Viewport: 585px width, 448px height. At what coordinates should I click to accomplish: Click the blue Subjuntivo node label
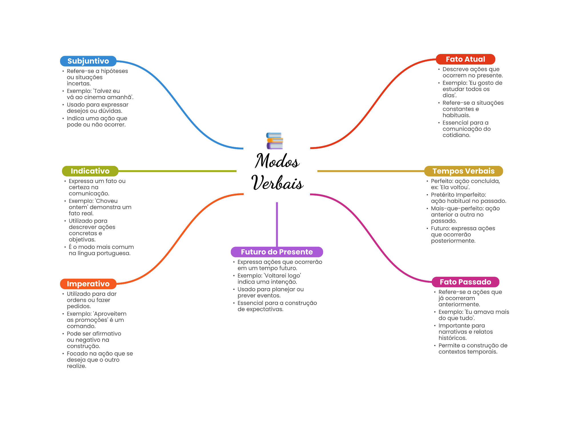tap(88, 61)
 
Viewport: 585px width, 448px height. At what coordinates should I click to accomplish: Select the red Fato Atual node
tap(465, 59)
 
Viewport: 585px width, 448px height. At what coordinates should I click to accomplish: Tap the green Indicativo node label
tap(90, 171)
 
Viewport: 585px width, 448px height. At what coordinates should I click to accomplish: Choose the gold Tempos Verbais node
tap(463, 171)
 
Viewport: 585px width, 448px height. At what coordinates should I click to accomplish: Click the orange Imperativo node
tap(88, 284)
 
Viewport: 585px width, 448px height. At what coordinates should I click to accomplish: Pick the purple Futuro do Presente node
tap(277, 252)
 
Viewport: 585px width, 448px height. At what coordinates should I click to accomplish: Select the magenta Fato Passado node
tap(465, 282)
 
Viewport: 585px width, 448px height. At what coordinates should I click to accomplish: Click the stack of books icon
tap(275, 141)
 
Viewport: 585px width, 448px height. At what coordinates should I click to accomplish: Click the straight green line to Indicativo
tap(177, 171)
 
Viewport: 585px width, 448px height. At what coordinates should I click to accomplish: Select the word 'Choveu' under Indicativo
tap(106, 201)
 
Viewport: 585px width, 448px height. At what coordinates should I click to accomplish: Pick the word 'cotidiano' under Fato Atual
tap(456, 135)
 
